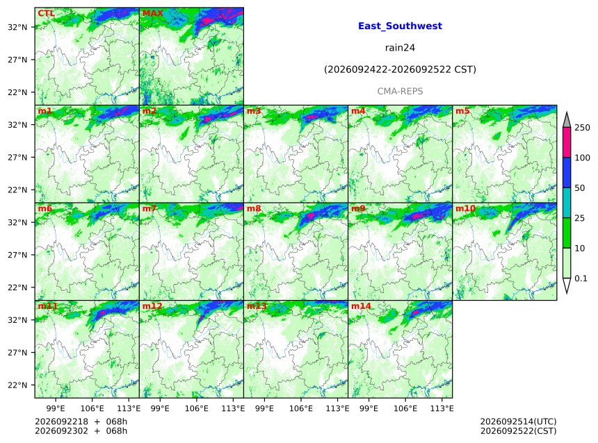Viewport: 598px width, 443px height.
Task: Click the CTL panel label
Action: coord(46,13)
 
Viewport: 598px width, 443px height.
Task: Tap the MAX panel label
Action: coord(152,13)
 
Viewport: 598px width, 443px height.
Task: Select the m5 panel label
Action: coord(462,111)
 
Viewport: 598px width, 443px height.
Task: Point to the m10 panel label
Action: coord(465,208)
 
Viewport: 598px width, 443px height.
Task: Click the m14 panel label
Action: coord(361,306)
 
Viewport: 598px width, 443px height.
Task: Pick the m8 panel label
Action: coord(254,208)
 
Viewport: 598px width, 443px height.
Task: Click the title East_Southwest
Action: coord(400,26)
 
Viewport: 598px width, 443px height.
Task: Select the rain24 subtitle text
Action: coord(400,48)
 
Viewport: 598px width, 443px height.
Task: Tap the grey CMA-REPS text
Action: coord(400,92)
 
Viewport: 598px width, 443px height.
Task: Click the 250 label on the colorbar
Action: coord(582,128)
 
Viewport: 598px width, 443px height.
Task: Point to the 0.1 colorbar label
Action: coord(581,278)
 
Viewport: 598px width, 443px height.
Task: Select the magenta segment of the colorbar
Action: coord(567,142)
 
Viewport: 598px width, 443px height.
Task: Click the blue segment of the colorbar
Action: coord(567,173)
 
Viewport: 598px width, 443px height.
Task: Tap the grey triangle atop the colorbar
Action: coord(567,121)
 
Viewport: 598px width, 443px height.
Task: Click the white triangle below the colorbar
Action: coord(567,285)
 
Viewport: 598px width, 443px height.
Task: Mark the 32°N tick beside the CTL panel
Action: coord(18,27)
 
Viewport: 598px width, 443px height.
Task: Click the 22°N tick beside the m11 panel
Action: coord(18,385)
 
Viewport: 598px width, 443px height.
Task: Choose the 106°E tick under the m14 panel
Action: coord(405,408)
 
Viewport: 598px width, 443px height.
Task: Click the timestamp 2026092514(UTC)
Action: coord(518,421)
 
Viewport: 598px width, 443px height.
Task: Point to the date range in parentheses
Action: coord(400,69)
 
